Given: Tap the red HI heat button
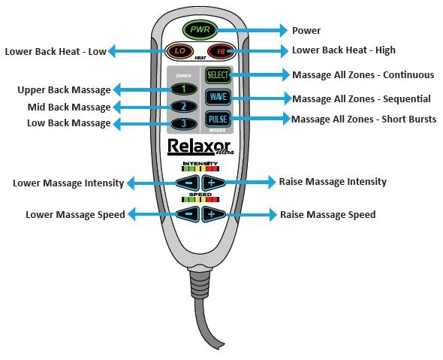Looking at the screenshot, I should pos(220,52).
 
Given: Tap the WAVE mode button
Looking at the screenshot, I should pos(218,98).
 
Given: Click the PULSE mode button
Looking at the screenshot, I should pos(218,119).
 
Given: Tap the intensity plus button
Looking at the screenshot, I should pos(212,182).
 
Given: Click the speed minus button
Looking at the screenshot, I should pos(188,214).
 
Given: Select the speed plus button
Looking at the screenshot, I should pos(212,214).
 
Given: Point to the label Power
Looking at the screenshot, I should pos(306,31).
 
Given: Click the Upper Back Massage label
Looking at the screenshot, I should pos(64,90).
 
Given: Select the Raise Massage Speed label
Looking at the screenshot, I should pos(327,215).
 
